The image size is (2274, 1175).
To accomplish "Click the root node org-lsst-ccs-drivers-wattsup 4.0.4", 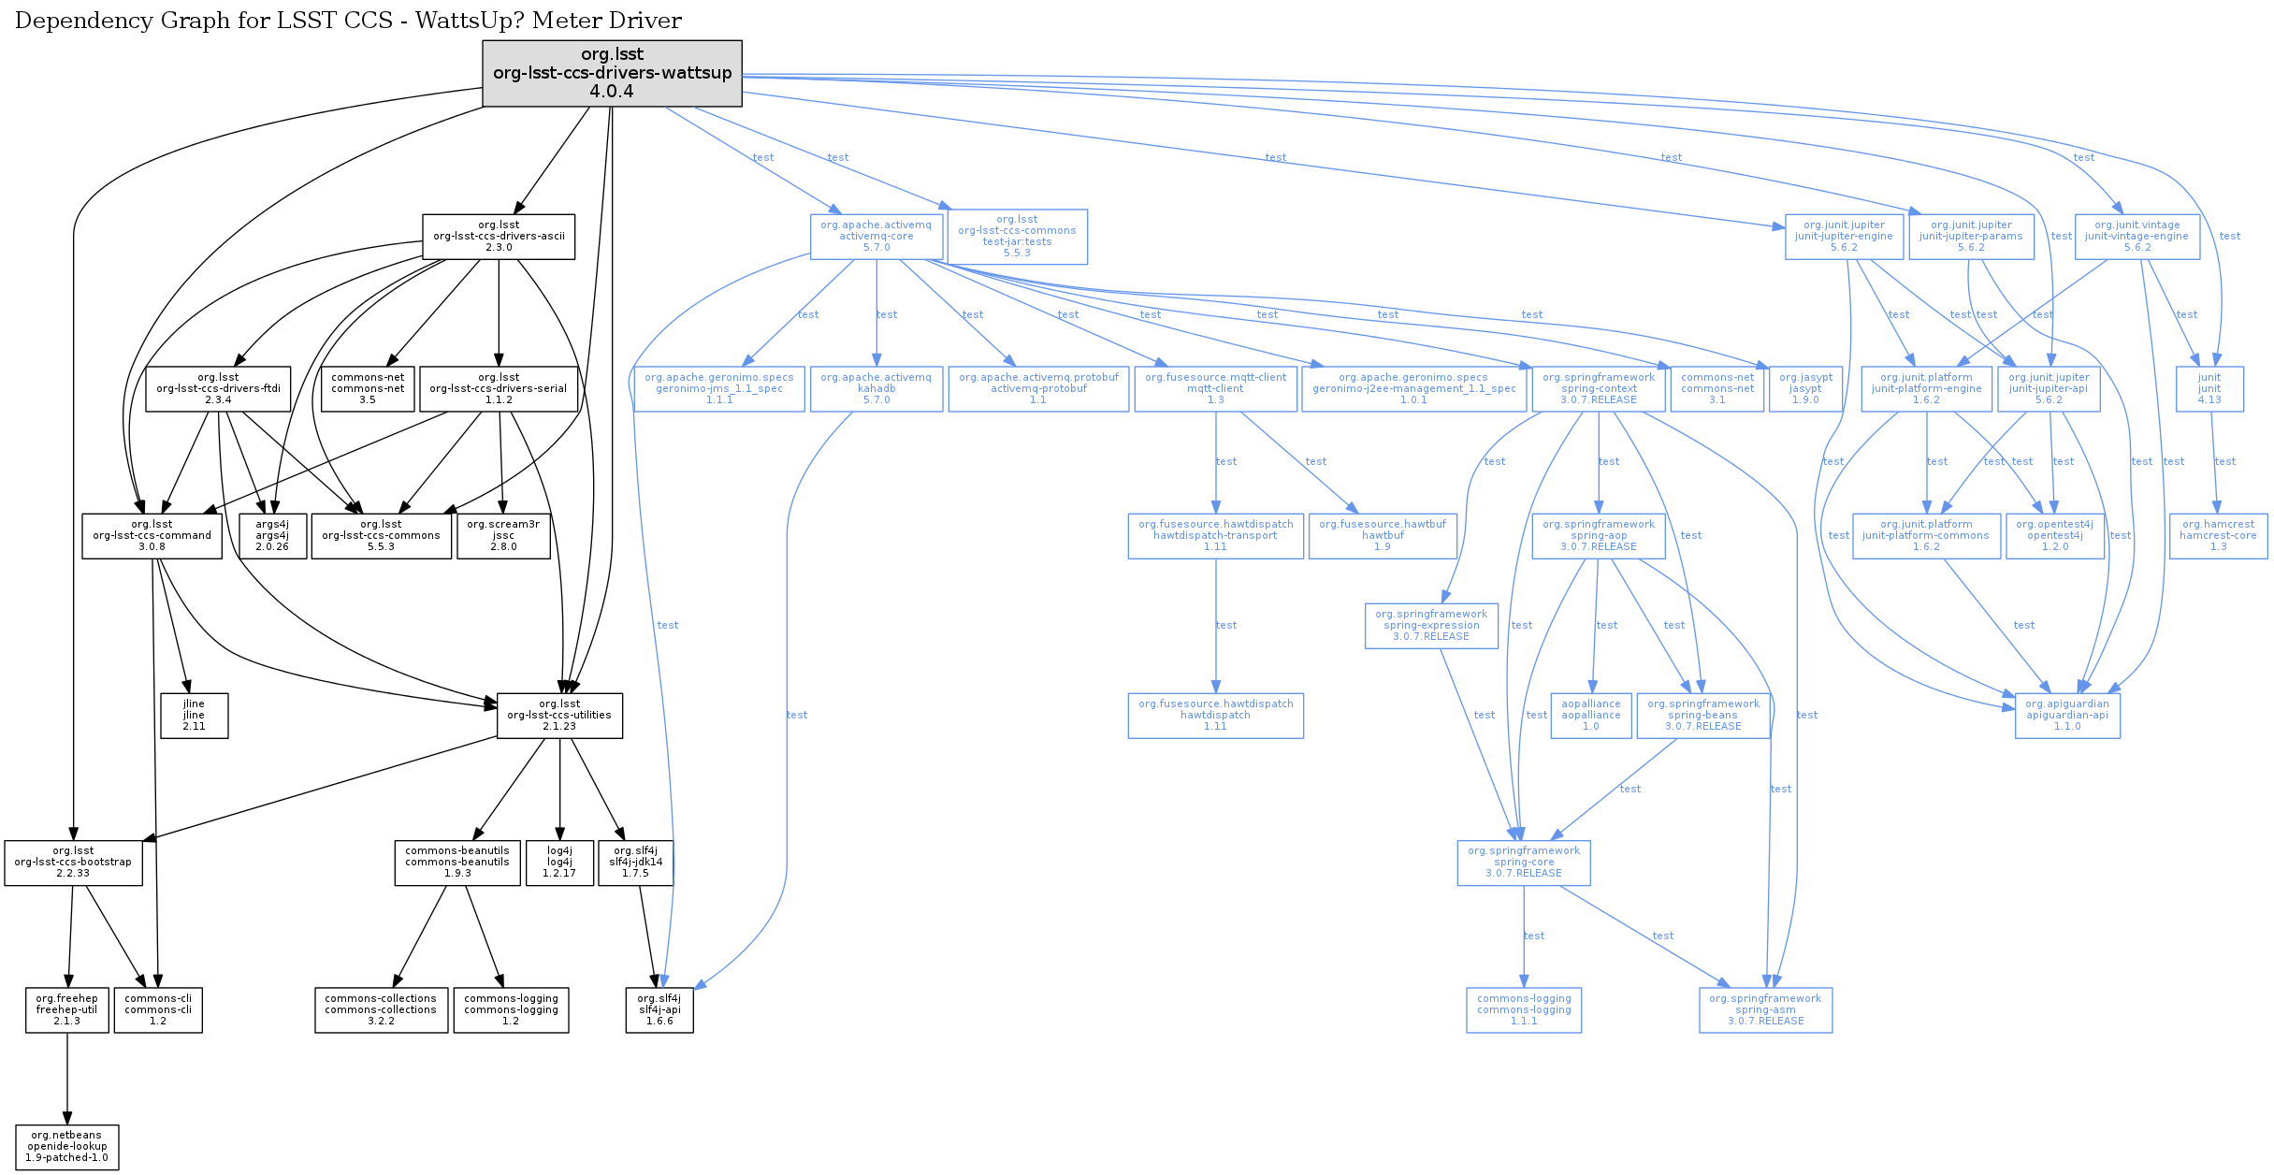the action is click(x=612, y=73).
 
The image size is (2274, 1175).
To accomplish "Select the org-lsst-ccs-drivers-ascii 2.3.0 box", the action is click(x=499, y=237).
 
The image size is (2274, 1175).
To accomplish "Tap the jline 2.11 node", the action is click(x=194, y=716).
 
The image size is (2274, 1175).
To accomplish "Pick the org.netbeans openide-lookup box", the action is click(x=67, y=1147).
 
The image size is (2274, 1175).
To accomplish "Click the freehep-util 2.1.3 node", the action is click(x=67, y=1010).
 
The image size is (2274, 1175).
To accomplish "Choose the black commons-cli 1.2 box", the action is click(x=158, y=1010).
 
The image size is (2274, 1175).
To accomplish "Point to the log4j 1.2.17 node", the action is click(x=559, y=863).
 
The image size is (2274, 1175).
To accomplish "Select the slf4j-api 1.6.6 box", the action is click(x=659, y=1010).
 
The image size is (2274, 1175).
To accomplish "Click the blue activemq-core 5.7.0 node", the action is click(x=876, y=237).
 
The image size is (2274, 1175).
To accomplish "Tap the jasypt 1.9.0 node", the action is click(x=1805, y=389).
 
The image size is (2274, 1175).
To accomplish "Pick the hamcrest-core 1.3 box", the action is click(x=2218, y=536).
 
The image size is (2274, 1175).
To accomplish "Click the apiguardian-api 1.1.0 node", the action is click(x=2067, y=716).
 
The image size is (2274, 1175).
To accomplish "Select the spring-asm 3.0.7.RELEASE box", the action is click(x=1765, y=1010).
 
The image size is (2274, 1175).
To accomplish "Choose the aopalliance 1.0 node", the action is click(x=1591, y=716).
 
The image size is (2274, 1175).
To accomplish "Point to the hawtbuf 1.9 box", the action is click(x=1383, y=536).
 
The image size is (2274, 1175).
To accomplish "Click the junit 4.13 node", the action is click(x=2209, y=389).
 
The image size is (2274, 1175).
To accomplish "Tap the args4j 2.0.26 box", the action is click(x=272, y=536).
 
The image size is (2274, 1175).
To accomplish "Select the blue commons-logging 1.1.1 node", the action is click(x=1524, y=1010).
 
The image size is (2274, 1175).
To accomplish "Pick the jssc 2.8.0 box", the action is click(x=503, y=536).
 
